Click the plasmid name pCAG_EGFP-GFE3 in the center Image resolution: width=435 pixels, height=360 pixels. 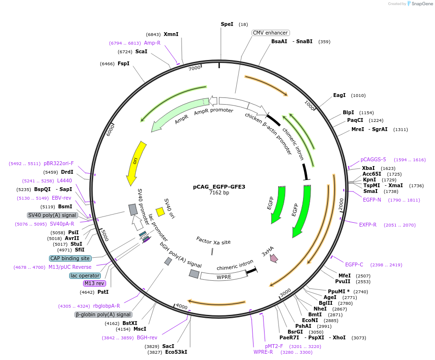(x=219, y=187)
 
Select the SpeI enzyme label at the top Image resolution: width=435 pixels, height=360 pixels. (x=227, y=24)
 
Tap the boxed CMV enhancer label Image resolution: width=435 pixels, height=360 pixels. (x=270, y=33)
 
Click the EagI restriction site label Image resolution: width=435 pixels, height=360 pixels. (x=339, y=95)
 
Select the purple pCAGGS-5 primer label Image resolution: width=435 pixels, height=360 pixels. (x=373, y=159)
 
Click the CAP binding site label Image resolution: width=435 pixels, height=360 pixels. (x=70, y=258)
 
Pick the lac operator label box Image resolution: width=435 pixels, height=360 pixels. (x=85, y=276)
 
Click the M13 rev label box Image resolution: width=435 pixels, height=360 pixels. (x=94, y=283)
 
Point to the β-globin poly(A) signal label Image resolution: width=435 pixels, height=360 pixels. (x=103, y=314)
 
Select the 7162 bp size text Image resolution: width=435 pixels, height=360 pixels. (x=219, y=193)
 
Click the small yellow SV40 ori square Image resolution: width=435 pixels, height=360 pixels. (x=160, y=212)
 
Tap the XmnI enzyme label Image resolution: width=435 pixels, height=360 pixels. (x=171, y=34)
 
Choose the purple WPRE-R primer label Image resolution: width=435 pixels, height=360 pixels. (x=263, y=352)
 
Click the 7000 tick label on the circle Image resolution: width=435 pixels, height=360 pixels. (x=194, y=68)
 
